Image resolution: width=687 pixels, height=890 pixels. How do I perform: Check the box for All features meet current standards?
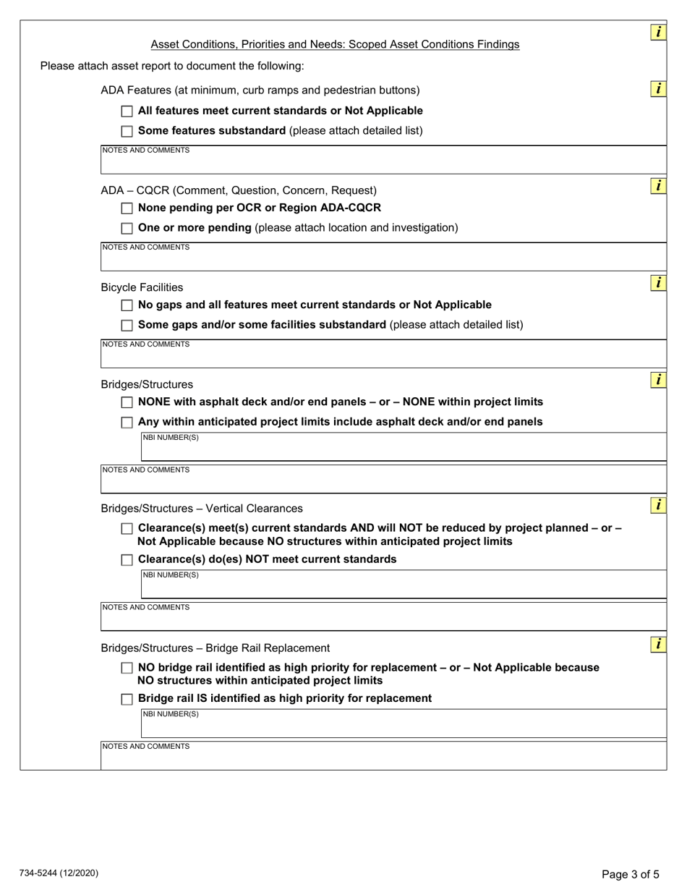point(127,111)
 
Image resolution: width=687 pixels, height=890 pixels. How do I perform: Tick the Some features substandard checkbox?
point(127,132)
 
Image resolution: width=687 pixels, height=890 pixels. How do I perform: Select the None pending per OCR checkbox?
point(127,208)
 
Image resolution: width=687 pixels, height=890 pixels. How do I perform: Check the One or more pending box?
point(127,229)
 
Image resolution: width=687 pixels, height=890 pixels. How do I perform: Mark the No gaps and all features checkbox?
point(127,305)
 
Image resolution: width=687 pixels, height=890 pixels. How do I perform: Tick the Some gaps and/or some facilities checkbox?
point(127,326)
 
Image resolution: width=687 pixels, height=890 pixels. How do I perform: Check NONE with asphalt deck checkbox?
point(127,402)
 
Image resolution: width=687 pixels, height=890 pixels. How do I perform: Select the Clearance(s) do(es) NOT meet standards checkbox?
point(127,560)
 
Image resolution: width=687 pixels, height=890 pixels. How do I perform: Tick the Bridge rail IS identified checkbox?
point(127,699)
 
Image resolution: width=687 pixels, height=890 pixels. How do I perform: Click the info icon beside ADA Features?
point(658,89)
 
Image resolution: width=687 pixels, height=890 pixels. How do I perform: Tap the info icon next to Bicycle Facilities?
point(658,283)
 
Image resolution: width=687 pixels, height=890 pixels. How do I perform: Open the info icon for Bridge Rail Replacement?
point(658,643)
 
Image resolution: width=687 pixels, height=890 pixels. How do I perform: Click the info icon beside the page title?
point(658,32)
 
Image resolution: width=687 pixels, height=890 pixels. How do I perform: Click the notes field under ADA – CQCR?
point(383,258)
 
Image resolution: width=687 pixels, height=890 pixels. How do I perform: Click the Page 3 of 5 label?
point(631,874)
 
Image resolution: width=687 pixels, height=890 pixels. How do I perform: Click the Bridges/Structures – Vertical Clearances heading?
point(202,509)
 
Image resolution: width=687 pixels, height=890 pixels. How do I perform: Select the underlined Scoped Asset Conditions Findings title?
point(335,45)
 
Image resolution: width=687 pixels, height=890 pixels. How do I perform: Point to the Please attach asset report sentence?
point(172,67)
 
